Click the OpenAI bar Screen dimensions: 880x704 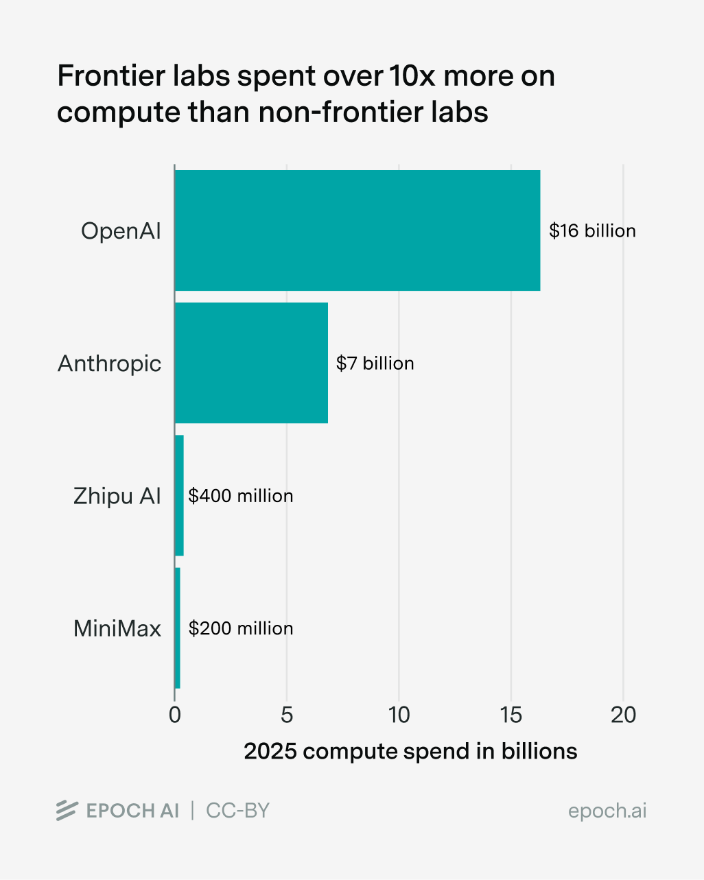(x=357, y=230)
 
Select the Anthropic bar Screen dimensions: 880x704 (x=251, y=363)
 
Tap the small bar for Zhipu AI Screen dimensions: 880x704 (x=179, y=495)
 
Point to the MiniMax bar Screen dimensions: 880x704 (x=177, y=628)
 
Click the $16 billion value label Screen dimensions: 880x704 (x=592, y=230)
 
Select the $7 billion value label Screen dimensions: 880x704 (x=375, y=363)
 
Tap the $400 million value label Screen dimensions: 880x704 (x=241, y=495)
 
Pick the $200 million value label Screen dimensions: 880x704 (x=241, y=628)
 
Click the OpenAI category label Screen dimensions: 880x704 (x=121, y=231)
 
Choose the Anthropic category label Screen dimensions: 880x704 (x=109, y=364)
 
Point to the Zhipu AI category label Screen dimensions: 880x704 (x=117, y=496)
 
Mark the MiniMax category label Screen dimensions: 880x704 (x=117, y=628)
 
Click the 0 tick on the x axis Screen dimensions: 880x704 (x=175, y=715)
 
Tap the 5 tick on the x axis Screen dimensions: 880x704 (x=287, y=715)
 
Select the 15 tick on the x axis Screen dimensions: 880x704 (x=511, y=715)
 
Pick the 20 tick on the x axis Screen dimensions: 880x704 (x=623, y=715)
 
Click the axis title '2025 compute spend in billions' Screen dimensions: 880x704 (x=410, y=752)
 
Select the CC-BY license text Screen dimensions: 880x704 (x=237, y=811)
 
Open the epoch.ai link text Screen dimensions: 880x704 (x=607, y=811)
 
